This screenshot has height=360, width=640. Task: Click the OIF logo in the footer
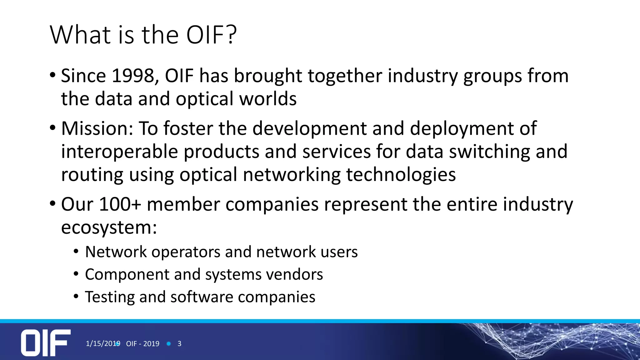pyautogui.click(x=46, y=342)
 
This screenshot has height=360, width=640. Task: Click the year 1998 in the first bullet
pyautogui.click(x=135, y=76)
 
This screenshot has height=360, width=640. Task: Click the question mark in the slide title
pyautogui.click(x=231, y=34)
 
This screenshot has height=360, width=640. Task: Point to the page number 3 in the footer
pyautogui.click(x=179, y=344)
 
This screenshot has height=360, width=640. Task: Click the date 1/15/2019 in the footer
pyautogui.click(x=103, y=343)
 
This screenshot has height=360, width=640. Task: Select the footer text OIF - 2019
pyautogui.click(x=143, y=344)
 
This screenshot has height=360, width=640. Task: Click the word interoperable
pyautogui.click(x=119, y=152)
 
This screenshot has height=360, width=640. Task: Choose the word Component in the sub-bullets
pyautogui.click(x=127, y=274)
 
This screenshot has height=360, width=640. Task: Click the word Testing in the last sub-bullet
pyautogui.click(x=110, y=297)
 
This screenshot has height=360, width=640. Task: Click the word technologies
pyautogui.click(x=401, y=174)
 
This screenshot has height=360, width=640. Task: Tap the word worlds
pyautogui.click(x=268, y=99)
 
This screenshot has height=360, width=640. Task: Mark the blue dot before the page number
pyautogui.click(x=169, y=344)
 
